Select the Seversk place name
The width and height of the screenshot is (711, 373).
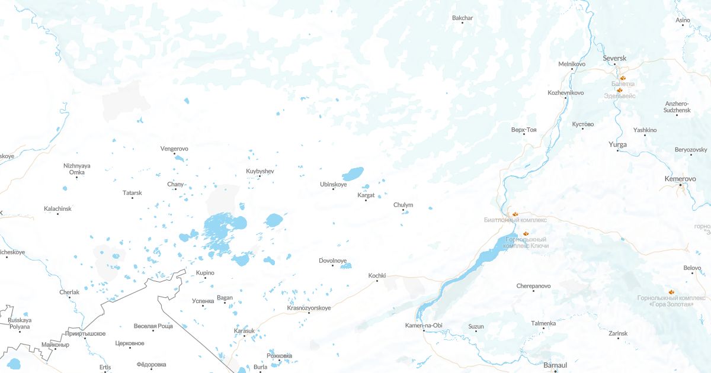pyautogui.click(x=614, y=58)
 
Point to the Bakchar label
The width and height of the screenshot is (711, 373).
pyautogui.click(x=463, y=18)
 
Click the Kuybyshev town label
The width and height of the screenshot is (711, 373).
pyautogui.click(x=260, y=171)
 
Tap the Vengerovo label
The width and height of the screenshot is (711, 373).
pyautogui.click(x=174, y=149)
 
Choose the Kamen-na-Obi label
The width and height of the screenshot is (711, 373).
pyautogui.click(x=424, y=326)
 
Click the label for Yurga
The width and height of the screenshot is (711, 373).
pyautogui.click(x=618, y=144)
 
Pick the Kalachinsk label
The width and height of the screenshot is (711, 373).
pyautogui.click(x=57, y=209)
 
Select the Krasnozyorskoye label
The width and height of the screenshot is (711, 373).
pyautogui.click(x=309, y=308)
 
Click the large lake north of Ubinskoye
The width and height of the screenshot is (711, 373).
pyautogui.click(x=353, y=174)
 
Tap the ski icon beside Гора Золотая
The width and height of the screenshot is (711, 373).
pyautogui.click(x=672, y=292)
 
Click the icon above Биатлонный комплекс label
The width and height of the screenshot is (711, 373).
pyautogui.click(x=515, y=213)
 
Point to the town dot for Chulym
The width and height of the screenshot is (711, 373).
pyautogui.click(x=403, y=210)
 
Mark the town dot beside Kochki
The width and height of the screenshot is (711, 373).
pyautogui.click(x=377, y=281)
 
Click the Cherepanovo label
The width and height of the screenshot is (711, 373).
pyautogui.click(x=533, y=286)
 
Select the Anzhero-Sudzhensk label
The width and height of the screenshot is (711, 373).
pyautogui.click(x=676, y=107)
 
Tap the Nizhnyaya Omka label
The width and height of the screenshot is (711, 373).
pyautogui.click(x=77, y=169)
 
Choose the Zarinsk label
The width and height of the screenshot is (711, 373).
pyautogui.click(x=618, y=334)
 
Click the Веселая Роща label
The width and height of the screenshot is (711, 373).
pyautogui.click(x=153, y=326)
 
